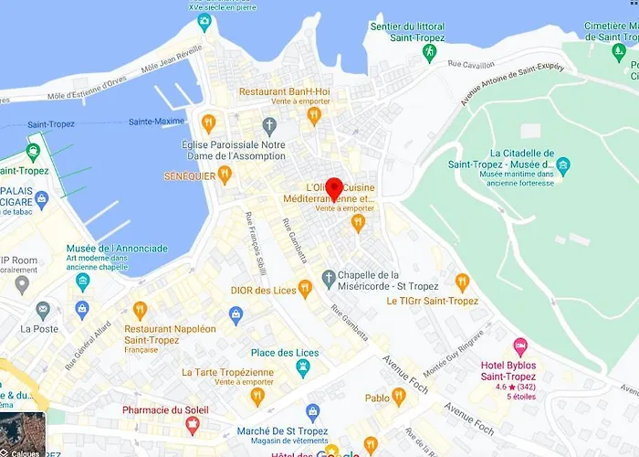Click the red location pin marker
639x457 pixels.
tap(334, 188)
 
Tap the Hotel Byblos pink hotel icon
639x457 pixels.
tap(520, 345)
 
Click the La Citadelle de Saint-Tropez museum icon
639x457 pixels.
tap(563, 166)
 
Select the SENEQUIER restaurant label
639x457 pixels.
tap(189, 175)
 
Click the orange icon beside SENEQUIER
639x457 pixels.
tap(225, 175)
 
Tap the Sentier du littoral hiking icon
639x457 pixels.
tap(429, 52)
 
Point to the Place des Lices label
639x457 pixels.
tap(285, 353)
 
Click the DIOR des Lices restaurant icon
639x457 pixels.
tap(305, 289)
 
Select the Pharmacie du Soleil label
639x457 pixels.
tap(166, 409)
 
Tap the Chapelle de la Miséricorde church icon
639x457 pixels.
tap(329, 277)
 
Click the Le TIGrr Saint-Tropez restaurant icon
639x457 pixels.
tap(462, 282)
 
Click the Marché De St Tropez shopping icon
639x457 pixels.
tap(313, 413)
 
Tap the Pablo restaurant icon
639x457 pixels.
tap(398, 397)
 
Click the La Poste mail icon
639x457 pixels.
tap(42, 311)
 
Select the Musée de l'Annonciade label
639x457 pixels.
tap(117, 249)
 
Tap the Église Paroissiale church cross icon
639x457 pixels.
tap(268, 124)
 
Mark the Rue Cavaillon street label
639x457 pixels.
tap(472, 64)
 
